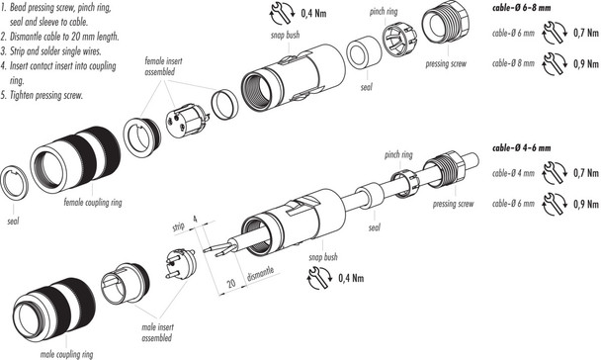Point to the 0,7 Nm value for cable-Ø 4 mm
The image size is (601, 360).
pos(583,175)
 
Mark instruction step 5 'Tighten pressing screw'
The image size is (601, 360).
pos(46,95)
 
